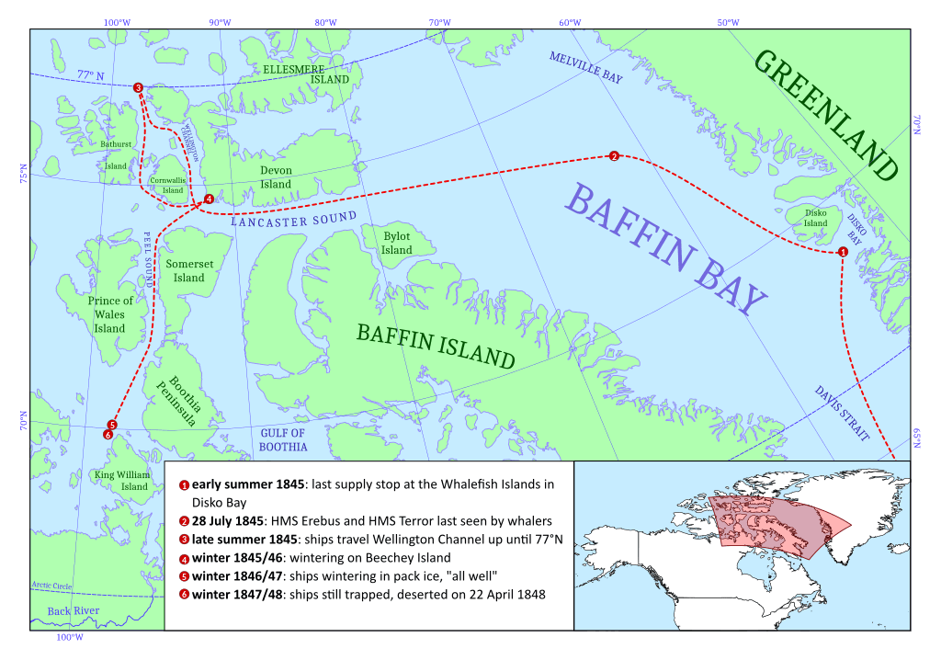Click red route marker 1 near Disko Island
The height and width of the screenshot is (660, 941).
click(x=843, y=252)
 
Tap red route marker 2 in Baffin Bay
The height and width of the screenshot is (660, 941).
click(x=614, y=156)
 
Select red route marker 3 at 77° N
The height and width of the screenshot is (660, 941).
click(x=138, y=87)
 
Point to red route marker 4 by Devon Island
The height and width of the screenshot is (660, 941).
click(x=209, y=199)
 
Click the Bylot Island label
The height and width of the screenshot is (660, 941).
click(x=397, y=243)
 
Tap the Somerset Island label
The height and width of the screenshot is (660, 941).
click(x=189, y=270)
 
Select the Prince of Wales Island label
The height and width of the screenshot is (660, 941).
click(x=109, y=314)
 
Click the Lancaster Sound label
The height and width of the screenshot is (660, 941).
click(x=293, y=219)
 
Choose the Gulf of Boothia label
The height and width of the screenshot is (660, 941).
click(x=282, y=439)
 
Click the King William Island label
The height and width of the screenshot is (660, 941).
click(x=121, y=480)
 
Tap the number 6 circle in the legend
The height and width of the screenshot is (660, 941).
click(x=184, y=595)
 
